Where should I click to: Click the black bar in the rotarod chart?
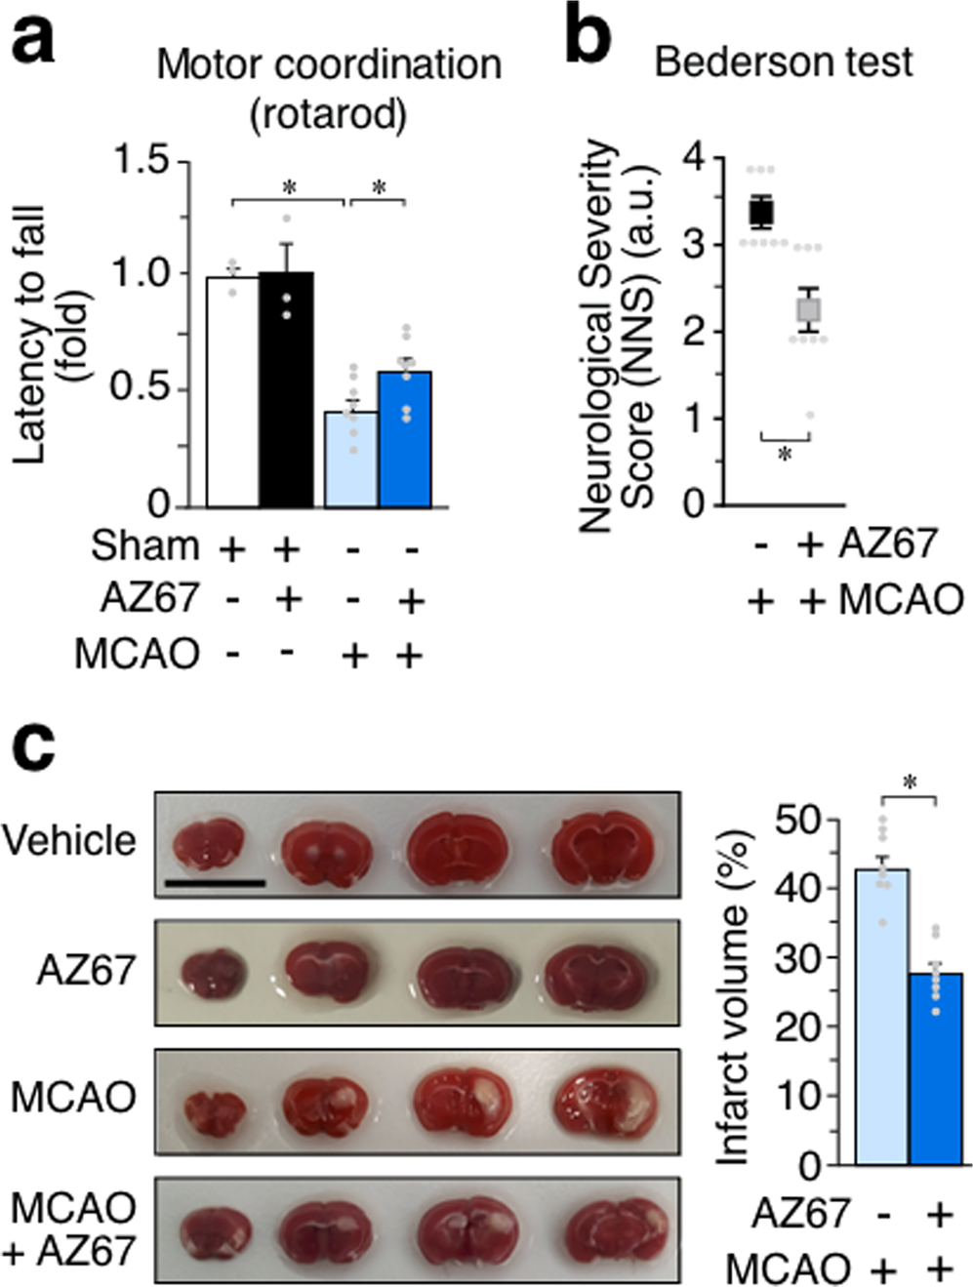286,390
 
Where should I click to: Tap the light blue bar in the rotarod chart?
350,459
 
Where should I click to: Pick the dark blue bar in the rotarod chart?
405,439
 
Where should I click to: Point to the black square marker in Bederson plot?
761,211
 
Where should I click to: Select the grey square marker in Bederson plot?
808,310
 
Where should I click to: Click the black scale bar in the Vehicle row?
216,883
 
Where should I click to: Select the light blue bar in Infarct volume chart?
881,1016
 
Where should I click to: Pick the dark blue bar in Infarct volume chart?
936,1067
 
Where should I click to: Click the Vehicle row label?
69,840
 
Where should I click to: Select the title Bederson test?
783,62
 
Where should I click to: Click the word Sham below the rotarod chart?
144,546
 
